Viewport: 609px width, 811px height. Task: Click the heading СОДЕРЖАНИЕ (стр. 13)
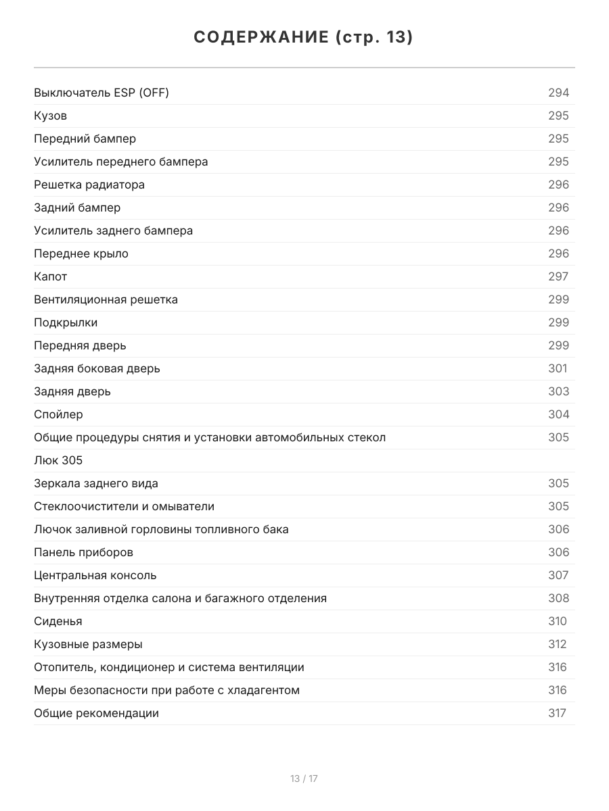[x=304, y=37]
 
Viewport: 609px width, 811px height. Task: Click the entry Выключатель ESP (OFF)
[x=101, y=93]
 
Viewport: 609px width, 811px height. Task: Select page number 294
[x=558, y=93]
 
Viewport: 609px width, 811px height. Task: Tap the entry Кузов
[x=51, y=116]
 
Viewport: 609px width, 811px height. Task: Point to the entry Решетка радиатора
[x=89, y=185]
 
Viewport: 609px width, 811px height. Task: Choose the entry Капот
[x=51, y=276]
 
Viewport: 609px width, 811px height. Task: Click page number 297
[x=558, y=276]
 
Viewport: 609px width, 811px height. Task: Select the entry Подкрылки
[x=66, y=322]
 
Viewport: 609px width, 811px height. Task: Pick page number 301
[x=558, y=368]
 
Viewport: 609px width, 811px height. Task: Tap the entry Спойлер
[x=59, y=414]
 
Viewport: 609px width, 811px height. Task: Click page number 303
[x=558, y=391]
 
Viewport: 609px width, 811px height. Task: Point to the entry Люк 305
[x=58, y=460]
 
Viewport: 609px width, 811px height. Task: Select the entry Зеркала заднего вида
[x=96, y=483]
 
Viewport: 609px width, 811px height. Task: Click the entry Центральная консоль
[x=95, y=575]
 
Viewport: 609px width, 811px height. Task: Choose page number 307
[x=558, y=575]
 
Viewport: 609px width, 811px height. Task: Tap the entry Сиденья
[x=58, y=621]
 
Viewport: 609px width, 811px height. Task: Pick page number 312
[x=558, y=644]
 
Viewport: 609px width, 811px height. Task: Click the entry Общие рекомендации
[x=97, y=713]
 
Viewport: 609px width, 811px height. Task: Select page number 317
[x=557, y=713]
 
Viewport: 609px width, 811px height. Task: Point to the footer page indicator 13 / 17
[x=304, y=779]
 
